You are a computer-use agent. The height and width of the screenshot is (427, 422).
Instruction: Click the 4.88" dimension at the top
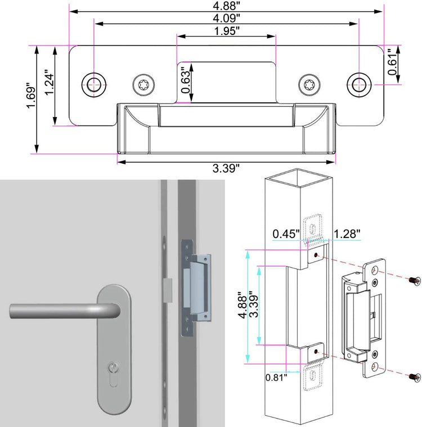[x=226, y=5]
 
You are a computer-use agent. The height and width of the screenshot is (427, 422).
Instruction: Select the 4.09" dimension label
[x=226, y=18]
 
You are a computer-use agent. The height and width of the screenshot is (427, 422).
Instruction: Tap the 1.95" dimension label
[x=226, y=31]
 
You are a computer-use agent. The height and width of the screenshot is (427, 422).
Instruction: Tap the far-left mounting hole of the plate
[x=93, y=84]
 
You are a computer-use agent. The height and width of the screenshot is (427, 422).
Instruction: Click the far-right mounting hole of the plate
[x=358, y=84]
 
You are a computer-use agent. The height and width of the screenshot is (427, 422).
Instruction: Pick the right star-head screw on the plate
[x=309, y=85]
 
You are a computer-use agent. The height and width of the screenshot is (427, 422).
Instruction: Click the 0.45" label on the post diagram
[x=284, y=233]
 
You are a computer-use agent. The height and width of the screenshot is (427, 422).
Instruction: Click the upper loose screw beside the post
[x=415, y=280]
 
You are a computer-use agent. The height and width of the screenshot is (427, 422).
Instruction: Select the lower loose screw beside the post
[x=415, y=376]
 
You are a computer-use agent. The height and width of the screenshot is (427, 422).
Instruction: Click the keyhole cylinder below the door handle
[x=114, y=370]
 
